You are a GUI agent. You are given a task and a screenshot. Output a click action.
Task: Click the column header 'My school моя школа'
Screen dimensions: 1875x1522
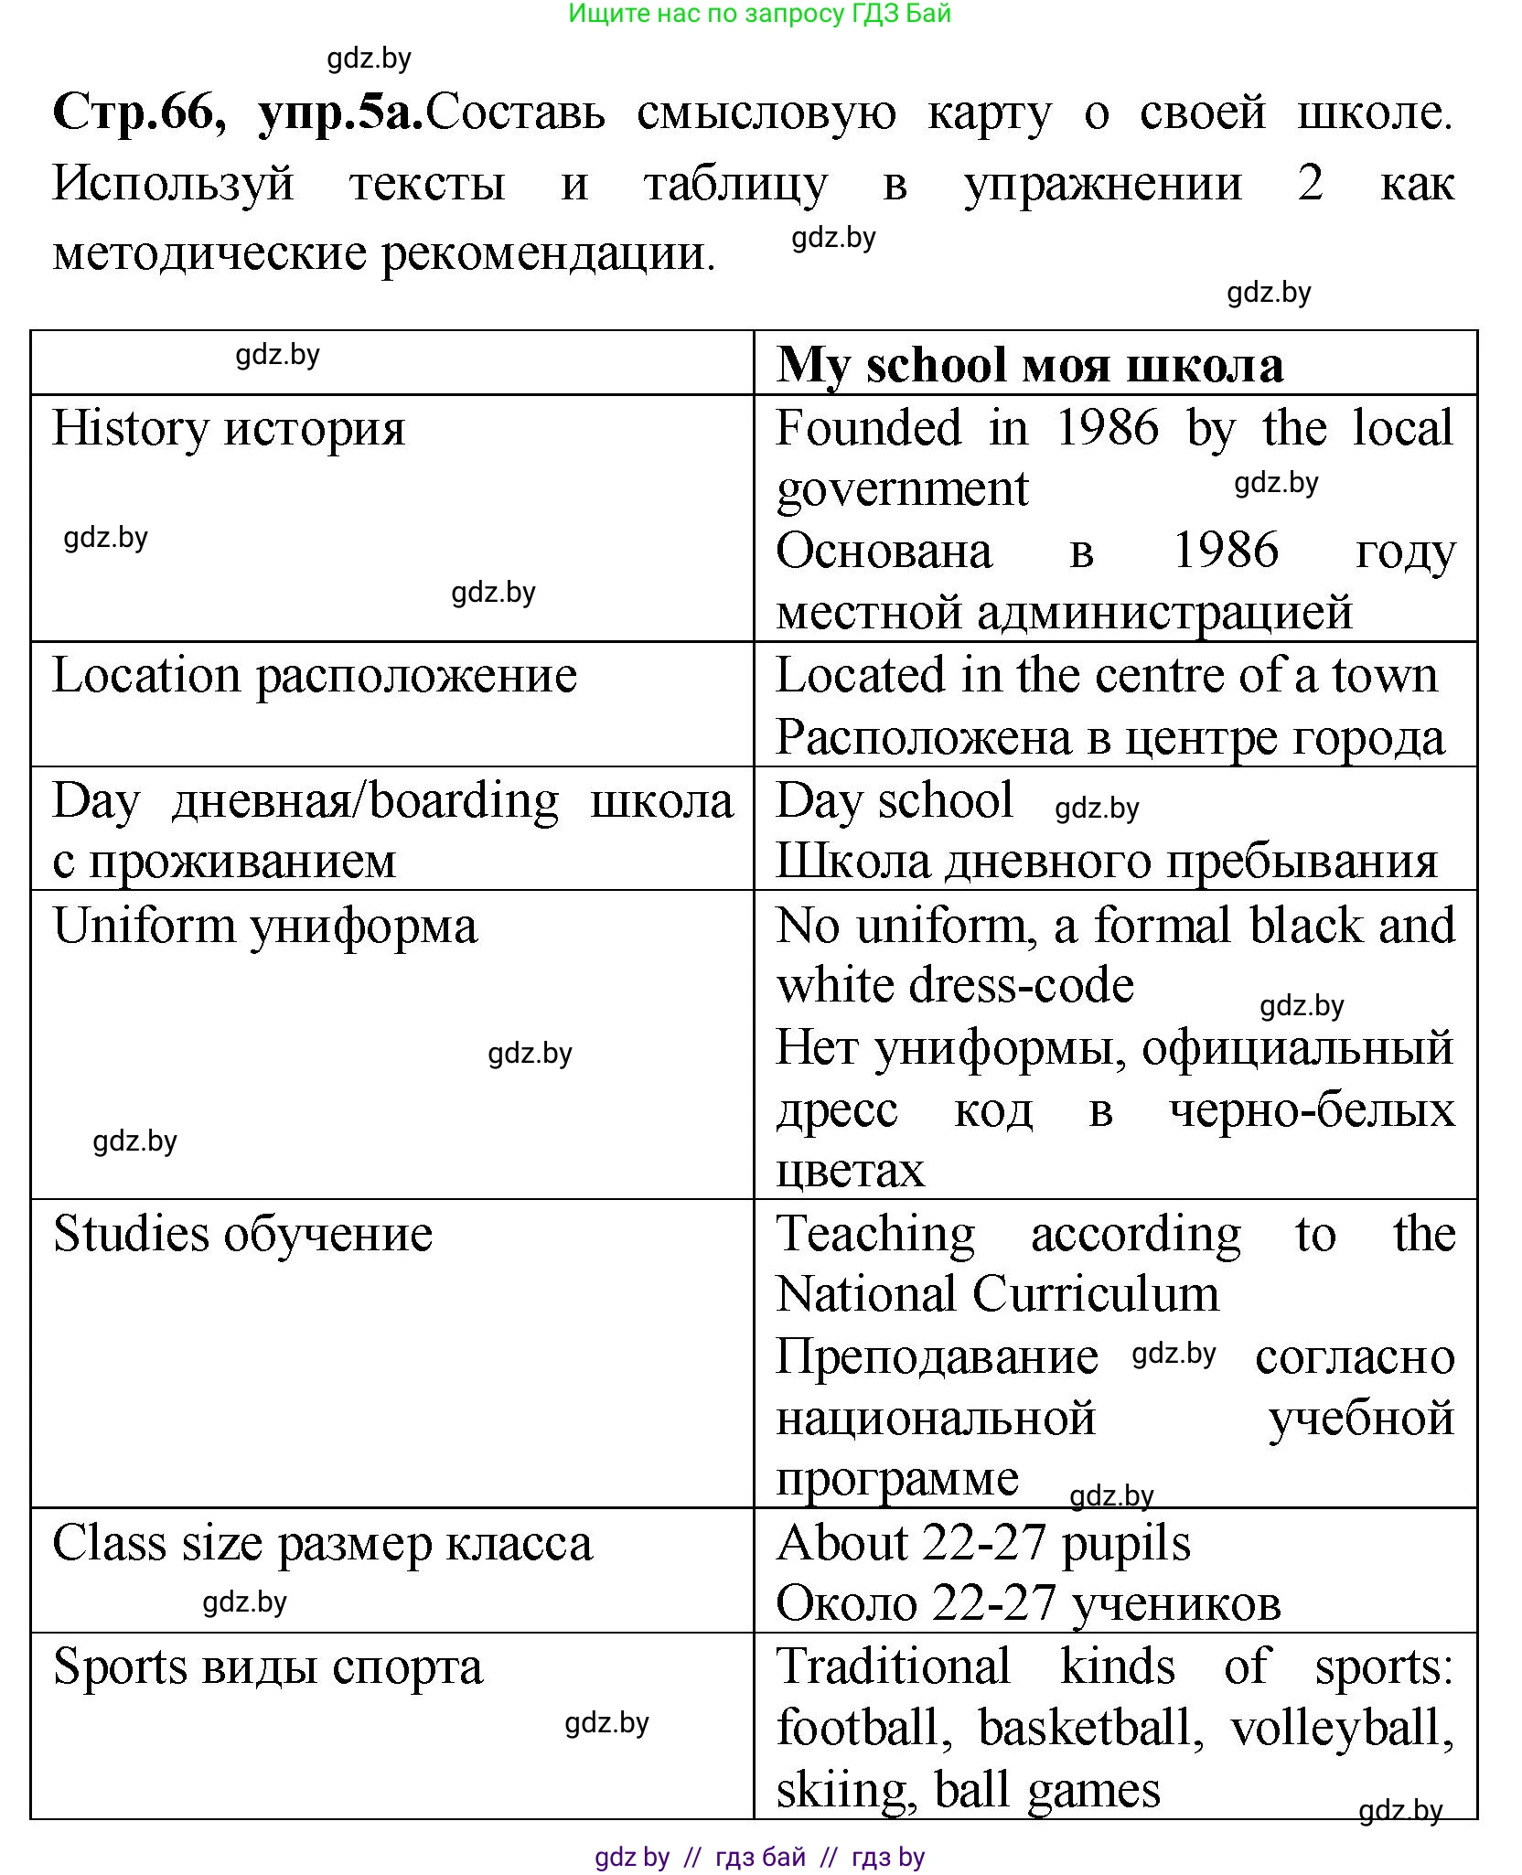[x=1029, y=365]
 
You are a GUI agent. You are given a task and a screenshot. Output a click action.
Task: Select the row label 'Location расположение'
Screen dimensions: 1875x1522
[x=315, y=676]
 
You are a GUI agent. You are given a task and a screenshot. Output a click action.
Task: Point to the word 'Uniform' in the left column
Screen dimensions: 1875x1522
[x=145, y=926]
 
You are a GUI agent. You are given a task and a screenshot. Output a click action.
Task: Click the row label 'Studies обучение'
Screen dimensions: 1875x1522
[x=242, y=1234]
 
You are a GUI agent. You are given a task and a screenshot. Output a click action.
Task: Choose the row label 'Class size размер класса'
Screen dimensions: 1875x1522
[x=322, y=1543]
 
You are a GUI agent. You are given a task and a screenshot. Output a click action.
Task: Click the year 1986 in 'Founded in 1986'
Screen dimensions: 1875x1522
[x=1107, y=427]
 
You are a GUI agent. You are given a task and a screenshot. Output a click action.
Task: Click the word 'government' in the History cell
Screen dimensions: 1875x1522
[x=902, y=488]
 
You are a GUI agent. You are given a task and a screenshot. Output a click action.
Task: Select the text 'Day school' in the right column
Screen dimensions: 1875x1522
[x=894, y=800]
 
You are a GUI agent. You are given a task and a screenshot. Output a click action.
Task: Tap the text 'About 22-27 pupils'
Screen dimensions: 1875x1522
[x=983, y=1543]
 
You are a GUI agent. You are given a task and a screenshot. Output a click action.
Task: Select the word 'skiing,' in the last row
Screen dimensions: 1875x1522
[x=846, y=1790]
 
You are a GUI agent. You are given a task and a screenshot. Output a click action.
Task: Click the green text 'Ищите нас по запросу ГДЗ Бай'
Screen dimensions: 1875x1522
[x=760, y=14]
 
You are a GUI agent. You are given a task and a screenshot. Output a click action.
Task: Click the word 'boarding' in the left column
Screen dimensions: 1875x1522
[x=464, y=801]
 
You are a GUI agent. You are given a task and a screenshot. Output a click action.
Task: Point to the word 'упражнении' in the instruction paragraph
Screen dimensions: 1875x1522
[x=1103, y=184]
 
